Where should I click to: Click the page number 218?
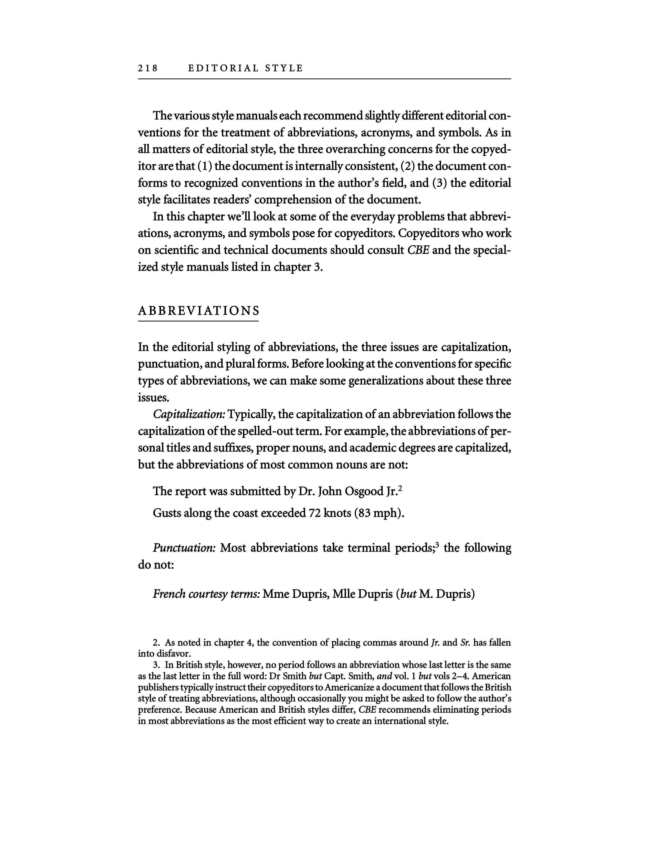pos(148,68)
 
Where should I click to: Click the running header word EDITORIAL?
pos(223,68)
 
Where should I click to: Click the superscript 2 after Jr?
pos(401,488)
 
